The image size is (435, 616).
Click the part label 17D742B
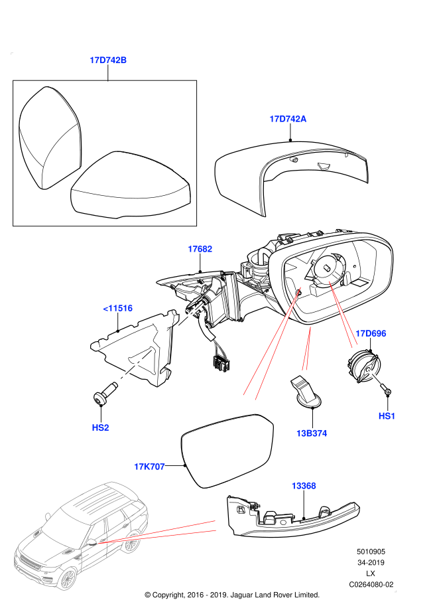click(x=108, y=60)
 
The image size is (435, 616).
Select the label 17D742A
click(x=288, y=119)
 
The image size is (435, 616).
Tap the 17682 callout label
click(x=200, y=249)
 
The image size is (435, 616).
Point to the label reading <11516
click(x=118, y=308)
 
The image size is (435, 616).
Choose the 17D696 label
click(x=371, y=333)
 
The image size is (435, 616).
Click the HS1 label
click(x=387, y=416)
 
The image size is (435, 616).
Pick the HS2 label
click(x=100, y=427)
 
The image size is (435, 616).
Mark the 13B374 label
click(x=312, y=433)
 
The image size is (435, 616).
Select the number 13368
click(x=304, y=486)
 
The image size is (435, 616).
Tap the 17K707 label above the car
click(x=149, y=467)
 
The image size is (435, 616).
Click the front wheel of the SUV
click(x=67, y=577)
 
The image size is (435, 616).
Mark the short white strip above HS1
click(x=375, y=376)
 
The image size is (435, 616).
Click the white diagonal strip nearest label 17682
click(x=191, y=313)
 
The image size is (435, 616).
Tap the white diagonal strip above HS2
click(x=135, y=365)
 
